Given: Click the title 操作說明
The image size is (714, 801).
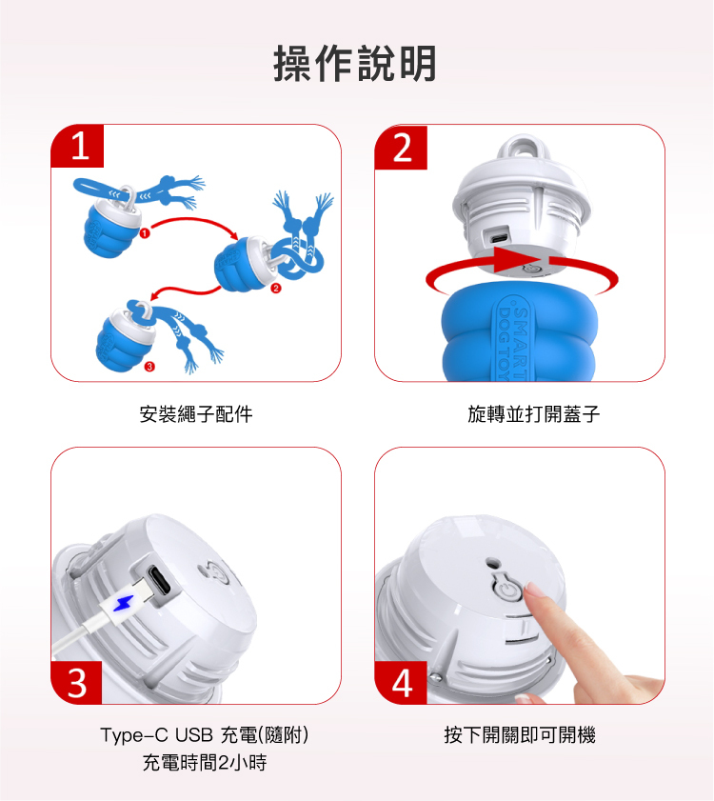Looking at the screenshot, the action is tap(355, 64).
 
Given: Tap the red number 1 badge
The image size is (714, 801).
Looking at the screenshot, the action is tap(78, 146).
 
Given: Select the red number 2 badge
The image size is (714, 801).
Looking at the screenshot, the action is tap(402, 148).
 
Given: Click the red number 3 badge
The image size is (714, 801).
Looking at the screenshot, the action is tap(76, 683).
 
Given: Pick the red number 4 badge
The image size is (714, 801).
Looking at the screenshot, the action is tap(402, 683).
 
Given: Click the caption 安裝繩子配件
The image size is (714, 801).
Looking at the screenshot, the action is tap(196, 413).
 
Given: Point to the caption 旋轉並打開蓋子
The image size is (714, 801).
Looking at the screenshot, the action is tap(534, 413).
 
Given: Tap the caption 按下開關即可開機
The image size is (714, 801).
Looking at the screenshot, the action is tap(520, 735).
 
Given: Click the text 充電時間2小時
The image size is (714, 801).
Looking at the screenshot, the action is tap(205, 763).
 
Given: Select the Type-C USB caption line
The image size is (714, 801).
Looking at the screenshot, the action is tap(205, 735).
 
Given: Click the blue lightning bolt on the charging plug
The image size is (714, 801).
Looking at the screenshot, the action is tap(123, 603).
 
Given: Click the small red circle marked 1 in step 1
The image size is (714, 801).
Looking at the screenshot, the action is tap(145, 233).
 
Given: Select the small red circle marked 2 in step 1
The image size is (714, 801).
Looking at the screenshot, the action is tap(276, 289).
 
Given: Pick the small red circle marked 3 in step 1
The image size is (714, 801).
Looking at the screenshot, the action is tap(149, 367).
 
